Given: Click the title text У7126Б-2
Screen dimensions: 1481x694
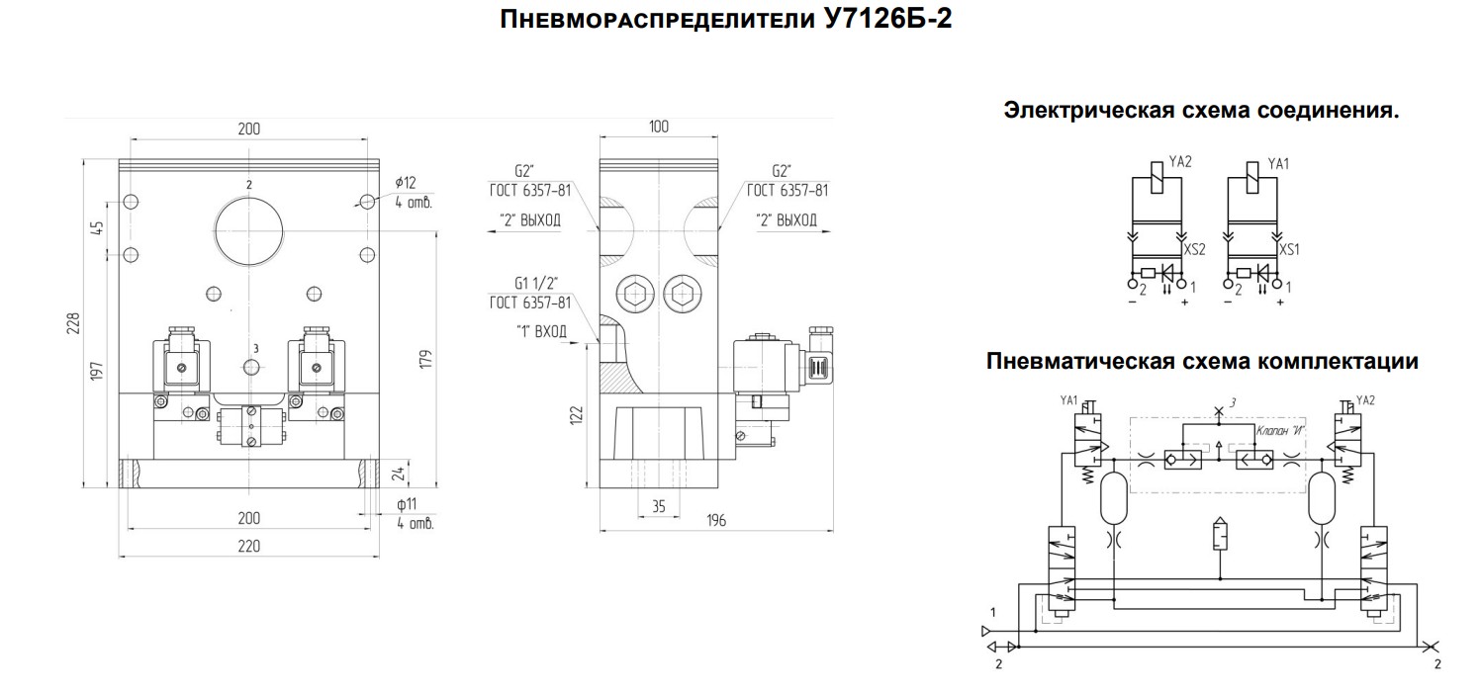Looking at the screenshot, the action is point(888,19).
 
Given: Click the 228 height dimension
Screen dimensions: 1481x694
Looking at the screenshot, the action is point(73,323).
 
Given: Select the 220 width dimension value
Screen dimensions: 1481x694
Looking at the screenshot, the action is point(248,546).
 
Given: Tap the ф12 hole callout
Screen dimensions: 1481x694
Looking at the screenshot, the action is point(406,183).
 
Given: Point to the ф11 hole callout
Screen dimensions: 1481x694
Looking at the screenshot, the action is point(407,505).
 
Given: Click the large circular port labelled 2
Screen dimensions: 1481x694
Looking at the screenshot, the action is point(248,231).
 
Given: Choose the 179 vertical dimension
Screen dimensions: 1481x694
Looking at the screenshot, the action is point(425,359).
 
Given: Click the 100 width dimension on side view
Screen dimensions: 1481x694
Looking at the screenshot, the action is point(659,127).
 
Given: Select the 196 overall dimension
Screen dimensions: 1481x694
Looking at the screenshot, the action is point(716,520).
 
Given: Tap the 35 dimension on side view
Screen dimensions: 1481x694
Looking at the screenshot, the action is point(659,506).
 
